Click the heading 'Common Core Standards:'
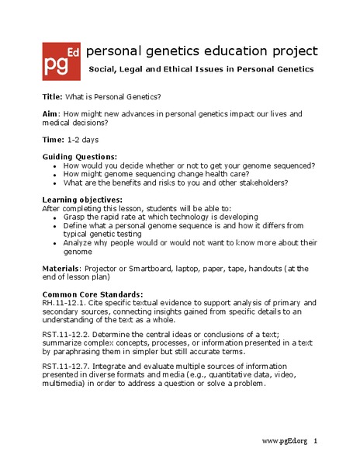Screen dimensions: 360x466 click(92, 294)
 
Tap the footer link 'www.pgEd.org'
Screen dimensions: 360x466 click(284, 441)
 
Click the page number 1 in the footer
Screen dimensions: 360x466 click(316, 441)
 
